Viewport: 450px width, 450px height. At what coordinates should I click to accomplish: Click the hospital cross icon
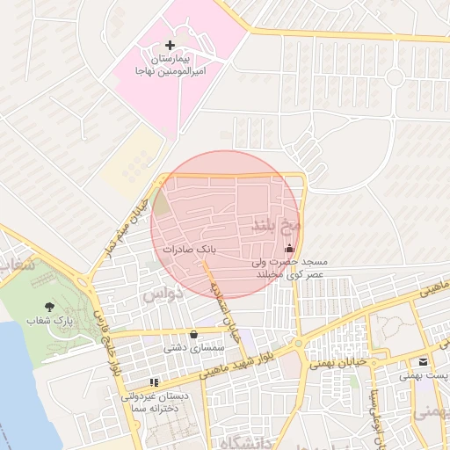point(170,44)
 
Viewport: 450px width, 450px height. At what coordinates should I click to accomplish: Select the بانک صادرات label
point(188,250)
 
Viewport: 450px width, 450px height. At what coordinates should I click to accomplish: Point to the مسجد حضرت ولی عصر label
point(289,267)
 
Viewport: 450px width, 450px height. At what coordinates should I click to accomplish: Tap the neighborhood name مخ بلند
point(276,224)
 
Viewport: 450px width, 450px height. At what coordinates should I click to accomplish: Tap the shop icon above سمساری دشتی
point(193,335)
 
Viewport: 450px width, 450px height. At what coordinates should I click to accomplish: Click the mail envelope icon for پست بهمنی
point(424,361)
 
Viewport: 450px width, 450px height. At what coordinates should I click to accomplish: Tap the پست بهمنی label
point(424,375)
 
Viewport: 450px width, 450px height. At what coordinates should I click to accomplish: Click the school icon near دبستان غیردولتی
point(154,382)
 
